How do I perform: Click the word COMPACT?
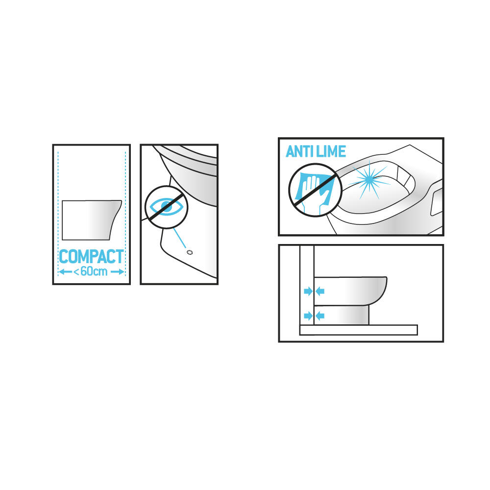click(91, 257)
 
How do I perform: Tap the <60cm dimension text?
click(90, 271)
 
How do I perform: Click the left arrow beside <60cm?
click(65, 272)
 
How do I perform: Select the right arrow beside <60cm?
click(118, 272)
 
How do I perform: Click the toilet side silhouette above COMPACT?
click(91, 220)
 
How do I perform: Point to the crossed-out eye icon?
click(166, 207)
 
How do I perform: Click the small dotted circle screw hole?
click(189, 252)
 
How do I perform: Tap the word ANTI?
click(300, 151)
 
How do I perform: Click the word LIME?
click(331, 151)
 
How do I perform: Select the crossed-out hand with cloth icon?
click(315, 190)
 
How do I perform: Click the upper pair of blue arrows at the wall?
click(314, 292)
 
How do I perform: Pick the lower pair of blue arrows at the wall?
click(314, 316)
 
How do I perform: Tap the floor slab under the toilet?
click(359, 330)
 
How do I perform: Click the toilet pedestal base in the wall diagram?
click(341, 315)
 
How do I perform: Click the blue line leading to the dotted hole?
click(179, 238)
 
